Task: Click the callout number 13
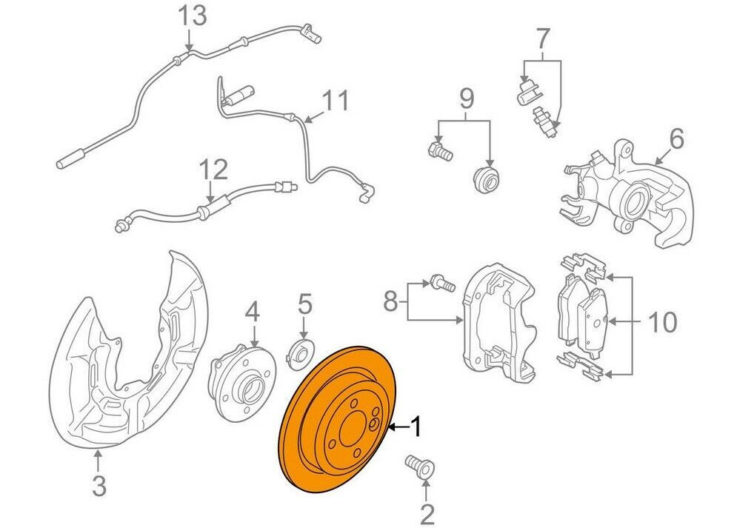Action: [192, 16]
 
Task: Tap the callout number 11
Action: [336, 100]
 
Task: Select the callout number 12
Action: [213, 170]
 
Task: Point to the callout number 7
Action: [542, 39]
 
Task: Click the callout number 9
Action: [466, 98]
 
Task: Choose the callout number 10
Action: [662, 322]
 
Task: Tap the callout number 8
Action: [391, 301]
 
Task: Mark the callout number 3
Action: [99, 486]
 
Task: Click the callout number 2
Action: [427, 515]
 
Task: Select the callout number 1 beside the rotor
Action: [416, 427]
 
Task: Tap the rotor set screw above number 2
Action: [420, 467]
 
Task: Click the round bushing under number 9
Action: [487, 178]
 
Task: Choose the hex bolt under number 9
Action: [440, 150]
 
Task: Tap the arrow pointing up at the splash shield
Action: [98, 461]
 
